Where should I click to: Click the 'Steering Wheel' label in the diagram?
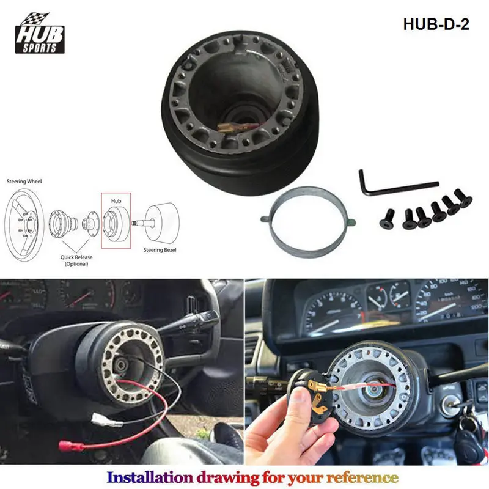pos(24,182)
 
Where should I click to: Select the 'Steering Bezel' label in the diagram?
pos(159,249)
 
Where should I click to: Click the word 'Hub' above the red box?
pos(117,200)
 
